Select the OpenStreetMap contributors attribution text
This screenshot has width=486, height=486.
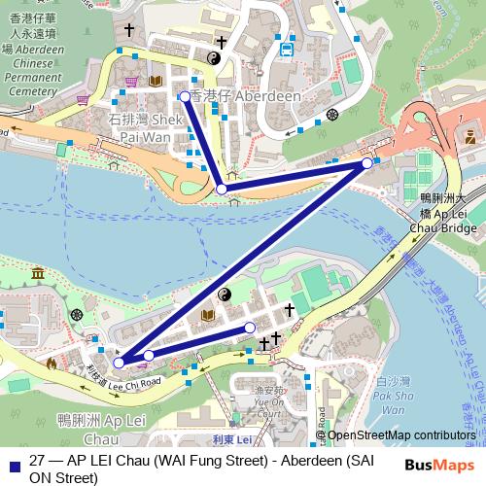pos(403,435)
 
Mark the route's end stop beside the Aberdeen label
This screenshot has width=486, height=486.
pos(185,96)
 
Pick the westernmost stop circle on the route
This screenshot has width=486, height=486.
pos(119,363)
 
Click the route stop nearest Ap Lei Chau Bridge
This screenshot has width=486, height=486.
pos(366,163)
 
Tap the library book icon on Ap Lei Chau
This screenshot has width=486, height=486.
pos(207,316)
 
